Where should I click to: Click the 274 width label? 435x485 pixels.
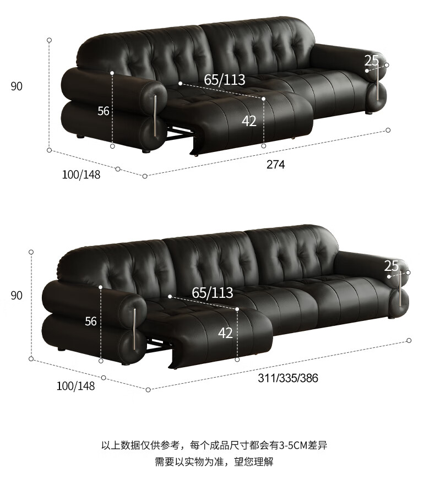click(275, 164)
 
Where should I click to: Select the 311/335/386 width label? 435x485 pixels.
click(288, 378)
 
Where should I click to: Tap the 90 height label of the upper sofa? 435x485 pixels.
click(17, 86)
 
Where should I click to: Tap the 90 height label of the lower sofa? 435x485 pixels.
click(17, 296)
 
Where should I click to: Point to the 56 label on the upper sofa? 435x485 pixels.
click(104, 111)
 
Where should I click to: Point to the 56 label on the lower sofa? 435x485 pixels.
click(91, 321)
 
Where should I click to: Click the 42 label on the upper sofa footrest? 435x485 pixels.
click(249, 121)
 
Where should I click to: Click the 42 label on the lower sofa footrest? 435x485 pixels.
click(225, 333)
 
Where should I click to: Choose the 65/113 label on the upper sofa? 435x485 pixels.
click(225, 80)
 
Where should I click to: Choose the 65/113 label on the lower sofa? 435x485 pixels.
click(213, 292)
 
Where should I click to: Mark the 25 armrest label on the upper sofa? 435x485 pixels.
click(372, 61)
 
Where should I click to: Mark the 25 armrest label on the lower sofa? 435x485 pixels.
click(392, 266)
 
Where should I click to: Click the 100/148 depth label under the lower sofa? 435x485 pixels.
click(76, 386)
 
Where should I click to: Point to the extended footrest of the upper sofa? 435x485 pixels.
click(259, 118)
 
